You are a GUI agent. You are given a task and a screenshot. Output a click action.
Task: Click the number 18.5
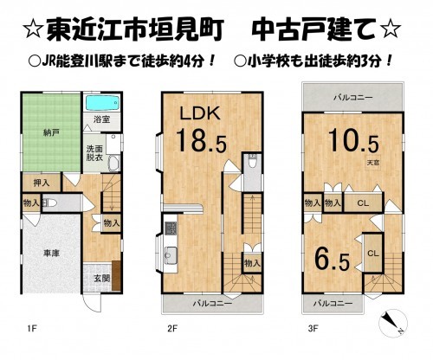point(197,139)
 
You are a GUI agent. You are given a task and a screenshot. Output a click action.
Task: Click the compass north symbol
point(391,325)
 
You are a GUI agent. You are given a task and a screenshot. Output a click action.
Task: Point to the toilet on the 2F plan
point(251,164)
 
